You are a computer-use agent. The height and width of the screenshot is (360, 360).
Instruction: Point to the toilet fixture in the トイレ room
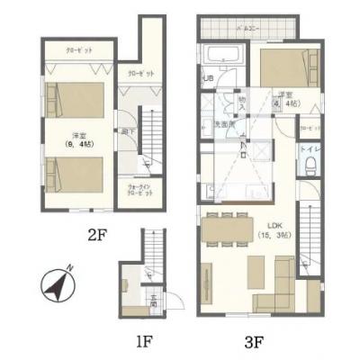click(x=309, y=164)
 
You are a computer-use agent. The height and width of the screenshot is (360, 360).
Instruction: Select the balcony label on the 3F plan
click(x=247, y=30)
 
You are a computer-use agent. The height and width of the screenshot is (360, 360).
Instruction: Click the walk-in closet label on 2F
click(x=136, y=192)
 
